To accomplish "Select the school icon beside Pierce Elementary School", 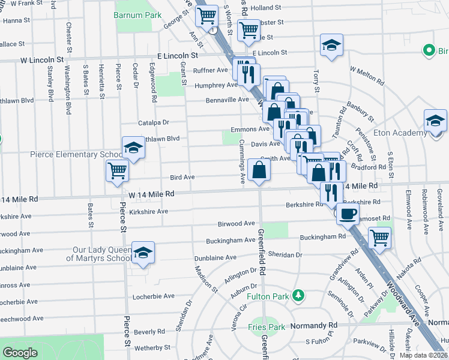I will (133, 148).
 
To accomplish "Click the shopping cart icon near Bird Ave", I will (118, 170).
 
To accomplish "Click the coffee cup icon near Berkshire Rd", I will (347, 212).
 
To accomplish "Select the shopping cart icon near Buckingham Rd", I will (379, 237).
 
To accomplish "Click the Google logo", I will (20, 353).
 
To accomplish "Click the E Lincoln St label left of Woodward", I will (178, 55).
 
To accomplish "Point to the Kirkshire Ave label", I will (148, 212).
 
